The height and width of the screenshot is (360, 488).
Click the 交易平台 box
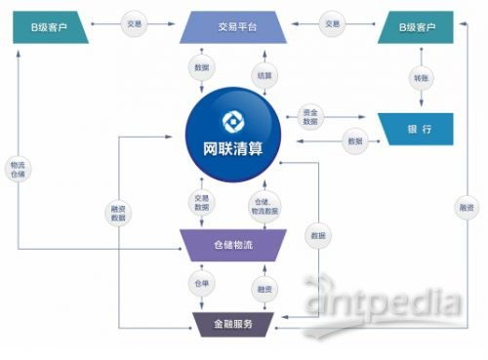(231, 28)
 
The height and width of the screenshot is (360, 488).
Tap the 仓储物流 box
(232, 244)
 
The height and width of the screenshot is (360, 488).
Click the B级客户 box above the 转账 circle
(417, 28)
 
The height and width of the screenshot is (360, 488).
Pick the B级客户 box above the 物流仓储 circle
(50, 28)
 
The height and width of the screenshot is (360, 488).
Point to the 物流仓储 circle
(19, 167)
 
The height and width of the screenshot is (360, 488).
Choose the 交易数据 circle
(201, 203)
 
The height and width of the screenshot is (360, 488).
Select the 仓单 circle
(198, 283)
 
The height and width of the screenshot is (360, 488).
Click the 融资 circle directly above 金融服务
(264, 289)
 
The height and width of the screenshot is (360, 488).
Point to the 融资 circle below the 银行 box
(465, 208)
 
